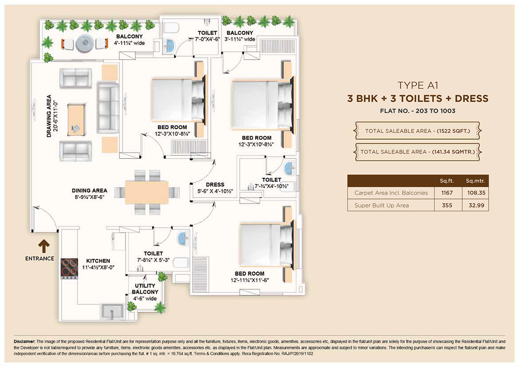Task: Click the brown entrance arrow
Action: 44,246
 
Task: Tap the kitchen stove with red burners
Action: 69,269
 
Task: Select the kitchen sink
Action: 112,312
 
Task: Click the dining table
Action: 147,192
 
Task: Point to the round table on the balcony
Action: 85,43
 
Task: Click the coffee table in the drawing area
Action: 76,120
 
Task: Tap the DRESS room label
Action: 215,185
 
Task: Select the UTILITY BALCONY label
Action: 145,289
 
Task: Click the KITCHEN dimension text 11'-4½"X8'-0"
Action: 98,267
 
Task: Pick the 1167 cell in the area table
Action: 447,193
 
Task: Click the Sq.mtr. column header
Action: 475,181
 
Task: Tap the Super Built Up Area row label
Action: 381,205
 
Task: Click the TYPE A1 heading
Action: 418,85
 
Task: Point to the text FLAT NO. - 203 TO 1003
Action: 417,111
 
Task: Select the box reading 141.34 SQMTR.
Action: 417,152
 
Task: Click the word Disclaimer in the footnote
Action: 24,341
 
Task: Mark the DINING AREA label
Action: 89,191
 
